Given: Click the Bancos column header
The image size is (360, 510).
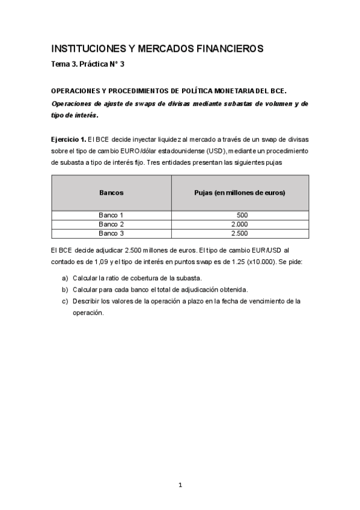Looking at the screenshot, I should (x=111, y=192).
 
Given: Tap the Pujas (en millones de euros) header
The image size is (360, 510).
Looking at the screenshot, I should (x=240, y=192).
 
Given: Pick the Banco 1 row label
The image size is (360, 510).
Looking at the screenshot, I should (x=111, y=215).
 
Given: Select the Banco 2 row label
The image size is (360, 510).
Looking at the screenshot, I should (x=111, y=224).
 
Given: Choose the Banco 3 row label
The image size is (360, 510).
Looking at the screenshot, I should (x=111, y=233).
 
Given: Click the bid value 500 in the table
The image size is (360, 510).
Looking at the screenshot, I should (x=242, y=215).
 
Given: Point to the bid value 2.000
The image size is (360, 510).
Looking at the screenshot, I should (x=240, y=224).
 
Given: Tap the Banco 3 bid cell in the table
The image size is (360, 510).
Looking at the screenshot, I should (x=240, y=233).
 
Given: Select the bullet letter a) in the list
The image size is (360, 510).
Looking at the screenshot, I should (x=65, y=278).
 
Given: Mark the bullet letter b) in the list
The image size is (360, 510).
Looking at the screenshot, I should (x=65, y=289).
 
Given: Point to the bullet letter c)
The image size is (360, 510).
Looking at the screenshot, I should (x=65, y=301).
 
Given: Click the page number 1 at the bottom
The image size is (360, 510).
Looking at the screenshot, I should (x=180, y=485).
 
